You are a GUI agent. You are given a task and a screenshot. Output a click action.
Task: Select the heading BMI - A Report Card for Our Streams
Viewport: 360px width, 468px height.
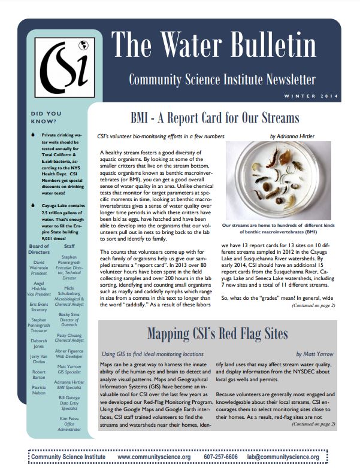tap(214, 117)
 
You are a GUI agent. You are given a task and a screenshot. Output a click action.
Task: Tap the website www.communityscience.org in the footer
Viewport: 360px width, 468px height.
tap(153, 457)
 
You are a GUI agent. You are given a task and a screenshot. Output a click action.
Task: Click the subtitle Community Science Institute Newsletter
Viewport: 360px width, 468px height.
tap(222, 79)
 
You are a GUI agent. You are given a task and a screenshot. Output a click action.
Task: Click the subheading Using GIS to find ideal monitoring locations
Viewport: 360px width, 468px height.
tap(152, 354)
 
